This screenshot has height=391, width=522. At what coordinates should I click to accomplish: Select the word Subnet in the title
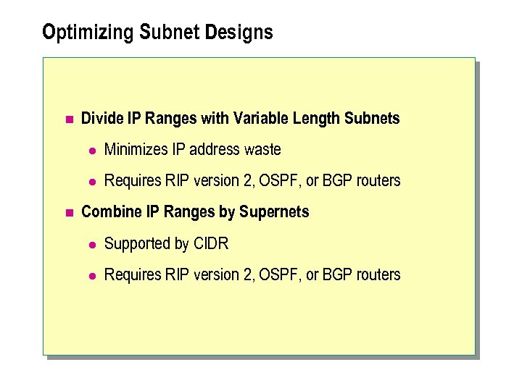click(187, 33)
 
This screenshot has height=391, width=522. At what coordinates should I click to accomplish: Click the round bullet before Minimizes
click(92, 151)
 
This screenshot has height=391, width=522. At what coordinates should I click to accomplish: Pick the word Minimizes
click(136, 150)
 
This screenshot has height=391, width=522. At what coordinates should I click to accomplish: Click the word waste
click(262, 150)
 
